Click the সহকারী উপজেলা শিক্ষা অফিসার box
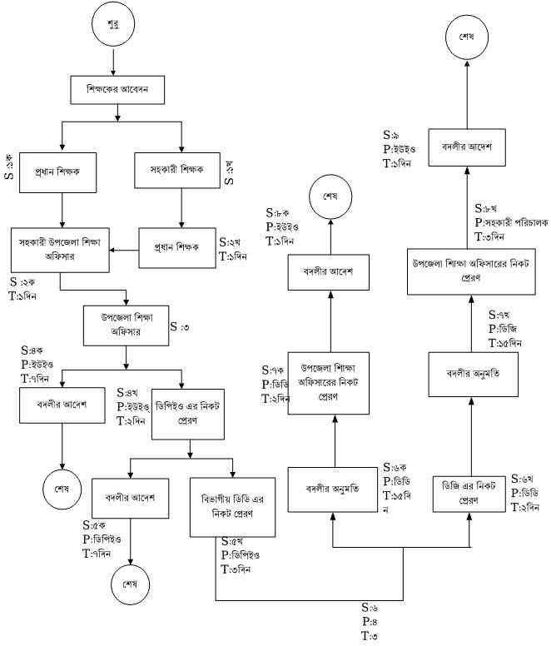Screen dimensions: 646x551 (x=62, y=249)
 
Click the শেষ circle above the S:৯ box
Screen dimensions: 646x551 (x=464, y=37)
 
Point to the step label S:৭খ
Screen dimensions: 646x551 (x=498, y=315)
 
